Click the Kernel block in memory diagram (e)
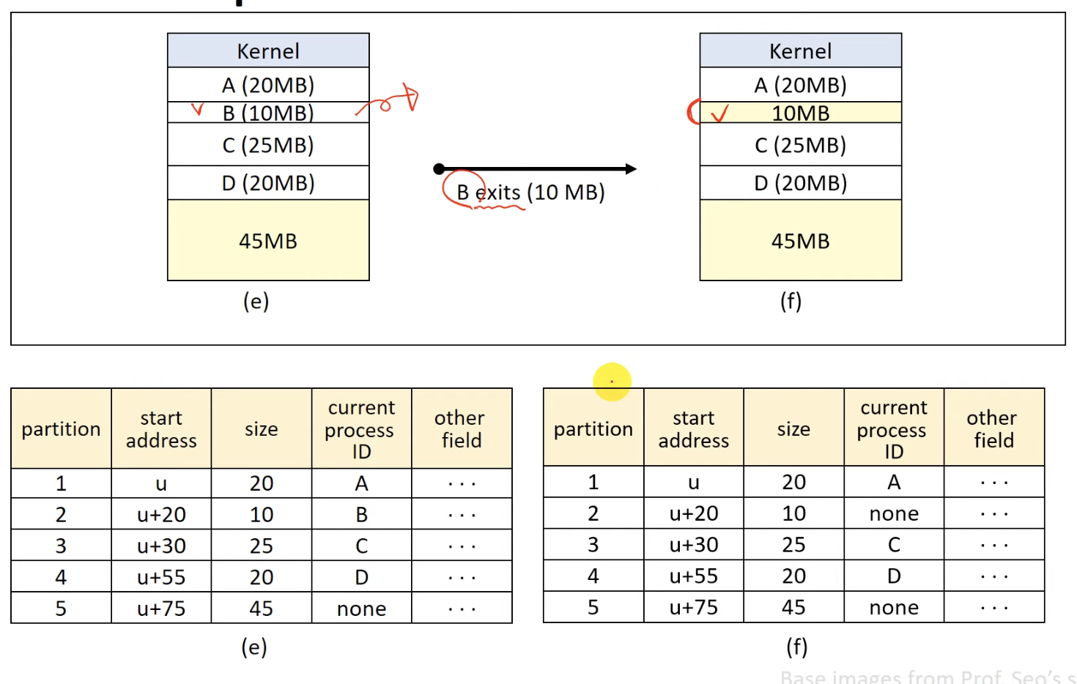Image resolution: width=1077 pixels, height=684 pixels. coord(268,51)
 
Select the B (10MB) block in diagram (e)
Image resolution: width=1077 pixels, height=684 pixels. coord(268,113)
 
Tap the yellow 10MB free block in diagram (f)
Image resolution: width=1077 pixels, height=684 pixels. coord(801,113)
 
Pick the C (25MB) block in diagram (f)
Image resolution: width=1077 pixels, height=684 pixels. coord(801,145)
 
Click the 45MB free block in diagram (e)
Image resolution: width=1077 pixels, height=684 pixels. coord(268,241)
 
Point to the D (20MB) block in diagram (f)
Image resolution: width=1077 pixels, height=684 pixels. coord(801,183)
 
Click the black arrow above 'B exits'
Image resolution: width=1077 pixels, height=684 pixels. coord(536,169)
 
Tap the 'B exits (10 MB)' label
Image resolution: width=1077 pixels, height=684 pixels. coord(530,193)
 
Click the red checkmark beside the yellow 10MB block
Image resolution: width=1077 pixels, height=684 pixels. coord(720,114)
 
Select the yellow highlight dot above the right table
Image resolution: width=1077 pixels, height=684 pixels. coord(612,382)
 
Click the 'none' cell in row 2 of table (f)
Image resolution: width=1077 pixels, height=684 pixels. coord(894,514)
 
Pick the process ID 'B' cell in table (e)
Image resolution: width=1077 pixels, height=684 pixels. coord(362,515)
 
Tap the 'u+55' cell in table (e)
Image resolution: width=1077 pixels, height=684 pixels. coord(161,577)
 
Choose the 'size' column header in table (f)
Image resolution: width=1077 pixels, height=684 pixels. coord(793,429)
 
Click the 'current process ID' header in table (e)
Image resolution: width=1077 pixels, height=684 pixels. coord(361,429)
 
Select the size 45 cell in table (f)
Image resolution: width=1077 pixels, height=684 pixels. coord(793,607)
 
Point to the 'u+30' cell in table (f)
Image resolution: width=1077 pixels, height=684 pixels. coord(694,545)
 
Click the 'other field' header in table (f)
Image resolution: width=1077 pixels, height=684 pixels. coord(993,429)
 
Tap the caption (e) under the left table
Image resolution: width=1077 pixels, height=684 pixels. coord(254,647)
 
